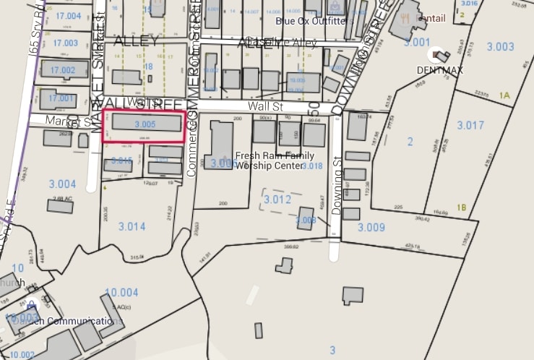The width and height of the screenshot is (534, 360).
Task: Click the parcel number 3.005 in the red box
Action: pos(145,124)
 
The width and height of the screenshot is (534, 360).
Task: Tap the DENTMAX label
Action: pos(439,70)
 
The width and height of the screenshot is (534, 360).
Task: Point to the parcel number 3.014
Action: pos(132,226)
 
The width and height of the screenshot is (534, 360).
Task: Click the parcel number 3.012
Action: pos(277,199)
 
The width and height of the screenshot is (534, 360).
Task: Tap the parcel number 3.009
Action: pos(371,227)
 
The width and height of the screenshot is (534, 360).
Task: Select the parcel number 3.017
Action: pos(470,125)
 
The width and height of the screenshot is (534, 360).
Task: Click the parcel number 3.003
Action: pos(500,46)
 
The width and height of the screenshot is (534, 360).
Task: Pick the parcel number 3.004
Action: pos(62,184)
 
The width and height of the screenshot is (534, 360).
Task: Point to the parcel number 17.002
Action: pos(63,70)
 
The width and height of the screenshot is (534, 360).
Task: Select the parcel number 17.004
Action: pos(68,16)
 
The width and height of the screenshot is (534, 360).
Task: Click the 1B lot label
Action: pos(462,207)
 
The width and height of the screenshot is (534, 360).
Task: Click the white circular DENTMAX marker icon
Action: pos(437,54)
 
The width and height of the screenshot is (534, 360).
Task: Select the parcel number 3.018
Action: pos(312,166)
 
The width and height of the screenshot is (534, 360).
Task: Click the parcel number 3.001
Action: pos(417,42)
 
